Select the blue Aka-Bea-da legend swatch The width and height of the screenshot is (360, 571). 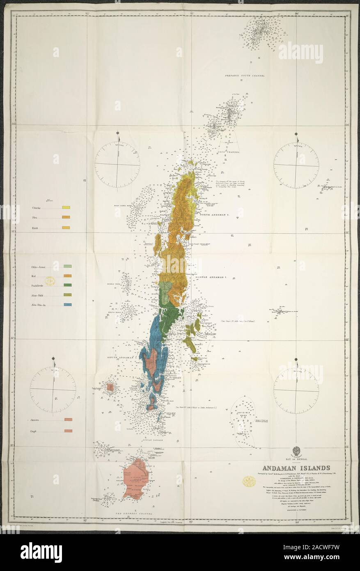tap(68, 304)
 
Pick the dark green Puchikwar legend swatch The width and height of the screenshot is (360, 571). tap(68, 285)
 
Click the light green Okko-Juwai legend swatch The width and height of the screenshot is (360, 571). tap(68, 267)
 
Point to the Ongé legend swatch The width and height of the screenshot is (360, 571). tap(68, 431)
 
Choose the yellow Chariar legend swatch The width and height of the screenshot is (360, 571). tap(66, 208)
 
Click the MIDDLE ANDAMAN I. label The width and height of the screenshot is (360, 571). tap(211, 278)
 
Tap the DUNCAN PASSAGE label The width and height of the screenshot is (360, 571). tap(152, 440)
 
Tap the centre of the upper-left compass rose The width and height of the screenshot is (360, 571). tap(117, 164)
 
